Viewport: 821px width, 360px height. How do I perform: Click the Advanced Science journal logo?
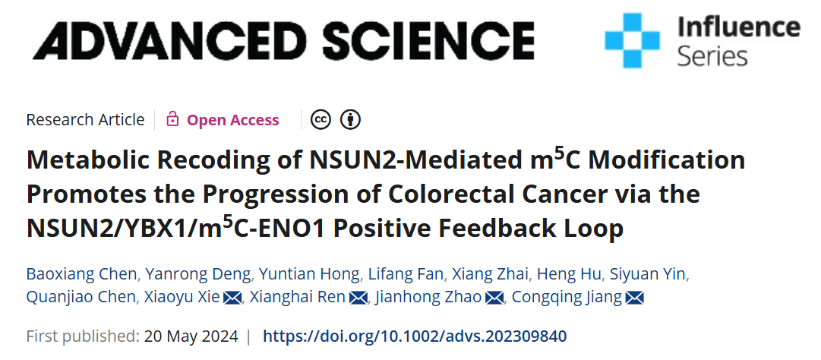click(x=283, y=39)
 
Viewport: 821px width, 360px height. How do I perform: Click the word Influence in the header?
click(x=737, y=27)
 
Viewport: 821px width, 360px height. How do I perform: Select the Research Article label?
click(x=85, y=120)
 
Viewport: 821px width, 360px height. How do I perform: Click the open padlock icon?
click(x=172, y=119)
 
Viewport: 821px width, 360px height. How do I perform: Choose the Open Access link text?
click(x=232, y=120)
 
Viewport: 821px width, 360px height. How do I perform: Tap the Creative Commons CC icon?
click(x=321, y=119)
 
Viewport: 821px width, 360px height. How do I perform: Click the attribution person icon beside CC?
click(x=350, y=119)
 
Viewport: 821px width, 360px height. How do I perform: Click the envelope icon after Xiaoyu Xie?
click(x=232, y=298)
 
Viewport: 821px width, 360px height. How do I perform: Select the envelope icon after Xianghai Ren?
click(x=358, y=298)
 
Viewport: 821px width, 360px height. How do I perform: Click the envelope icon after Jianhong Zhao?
click(x=494, y=298)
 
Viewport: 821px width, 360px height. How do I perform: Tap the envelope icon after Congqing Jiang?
click(x=634, y=298)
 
